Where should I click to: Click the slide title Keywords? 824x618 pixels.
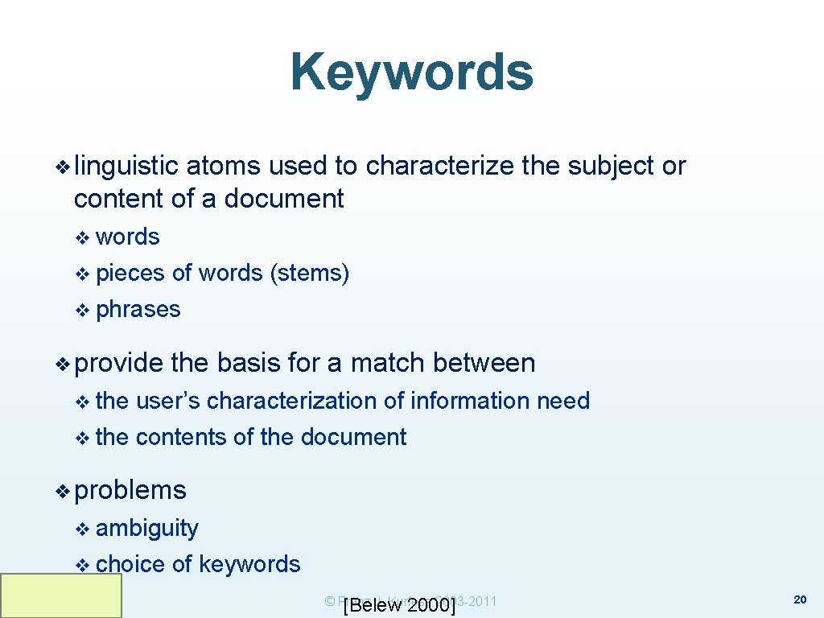click(411, 72)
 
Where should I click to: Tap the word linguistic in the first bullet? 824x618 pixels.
click(127, 166)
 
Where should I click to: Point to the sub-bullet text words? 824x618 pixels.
click(127, 237)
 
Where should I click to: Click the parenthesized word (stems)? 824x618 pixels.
click(309, 274)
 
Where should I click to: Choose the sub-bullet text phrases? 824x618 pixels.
click(138, 309)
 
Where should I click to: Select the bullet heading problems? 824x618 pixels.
click(130, 490)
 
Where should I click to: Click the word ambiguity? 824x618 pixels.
click(146, 529)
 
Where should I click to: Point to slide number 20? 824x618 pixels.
click(800, 599)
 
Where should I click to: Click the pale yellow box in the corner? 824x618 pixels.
click(60, 595)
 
